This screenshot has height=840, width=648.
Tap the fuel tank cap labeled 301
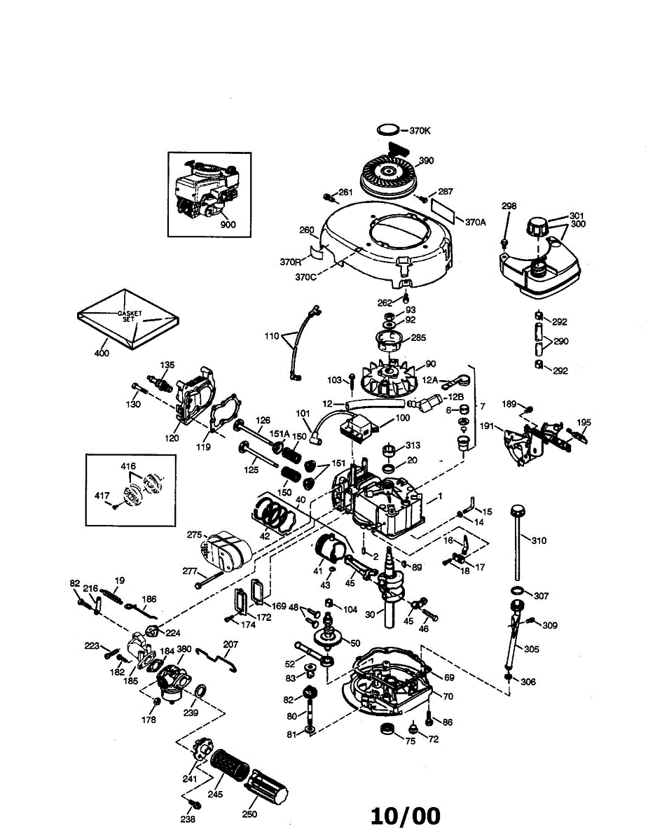(x=539, y=227)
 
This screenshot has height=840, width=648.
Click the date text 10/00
(x=406, y=815)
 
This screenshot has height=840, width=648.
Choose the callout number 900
(x=228, y=225)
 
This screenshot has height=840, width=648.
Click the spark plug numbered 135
(x=164, y=384)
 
